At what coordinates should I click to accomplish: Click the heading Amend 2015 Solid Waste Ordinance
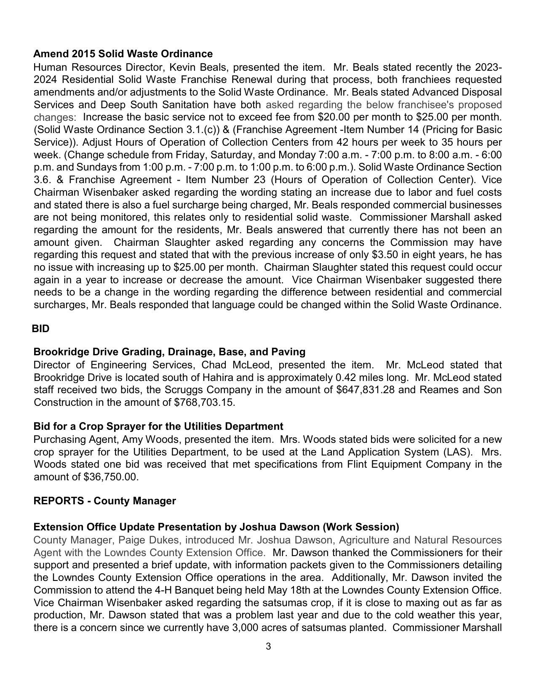point(123,54)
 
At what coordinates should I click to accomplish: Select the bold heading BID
point(40,329)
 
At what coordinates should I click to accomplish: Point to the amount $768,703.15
point(204,402)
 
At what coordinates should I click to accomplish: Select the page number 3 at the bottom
point(268,647)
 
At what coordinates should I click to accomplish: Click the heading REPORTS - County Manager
point(104,501)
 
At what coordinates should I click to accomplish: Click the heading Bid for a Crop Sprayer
point(158,426)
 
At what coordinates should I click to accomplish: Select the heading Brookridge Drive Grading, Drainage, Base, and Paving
point(169,352)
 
